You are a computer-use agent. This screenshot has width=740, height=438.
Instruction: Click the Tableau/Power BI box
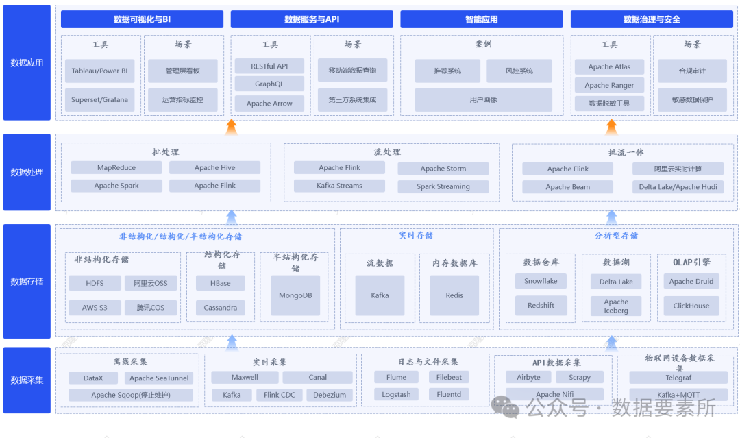pos(100,71)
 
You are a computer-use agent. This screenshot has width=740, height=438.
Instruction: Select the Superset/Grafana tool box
pos(100,99)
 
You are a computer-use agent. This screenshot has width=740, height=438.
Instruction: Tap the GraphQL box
pos(269,84)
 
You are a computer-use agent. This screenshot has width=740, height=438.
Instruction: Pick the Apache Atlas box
pos(609,66)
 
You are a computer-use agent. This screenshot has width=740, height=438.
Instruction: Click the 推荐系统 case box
pos(447,71)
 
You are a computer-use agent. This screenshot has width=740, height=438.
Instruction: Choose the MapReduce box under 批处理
pos(116,167)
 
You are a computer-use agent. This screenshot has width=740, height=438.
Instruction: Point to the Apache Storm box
pos(443,168)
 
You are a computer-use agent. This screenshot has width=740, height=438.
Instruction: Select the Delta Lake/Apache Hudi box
pos(678,186)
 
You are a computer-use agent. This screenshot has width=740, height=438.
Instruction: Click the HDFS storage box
pos(95,283)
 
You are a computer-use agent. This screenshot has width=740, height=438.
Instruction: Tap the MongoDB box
pos(295,295)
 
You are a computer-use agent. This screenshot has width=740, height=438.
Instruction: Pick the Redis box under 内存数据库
pos(454,295)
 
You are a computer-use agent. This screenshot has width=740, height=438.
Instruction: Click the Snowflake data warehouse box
pos(541,281)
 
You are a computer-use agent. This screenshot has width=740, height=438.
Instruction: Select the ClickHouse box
pos(691,306)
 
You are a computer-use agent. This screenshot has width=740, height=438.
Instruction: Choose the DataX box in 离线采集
pos(93,378)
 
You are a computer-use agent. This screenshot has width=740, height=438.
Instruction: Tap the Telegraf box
pos(678,377)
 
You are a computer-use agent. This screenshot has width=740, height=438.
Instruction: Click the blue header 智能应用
pos(482,19)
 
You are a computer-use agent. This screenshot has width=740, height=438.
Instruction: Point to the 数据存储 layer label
pos(27,281)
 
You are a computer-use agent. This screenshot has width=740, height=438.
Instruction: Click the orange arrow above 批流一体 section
pos(612,126)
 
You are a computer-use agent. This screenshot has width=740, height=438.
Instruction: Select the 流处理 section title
pos(387,151)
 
